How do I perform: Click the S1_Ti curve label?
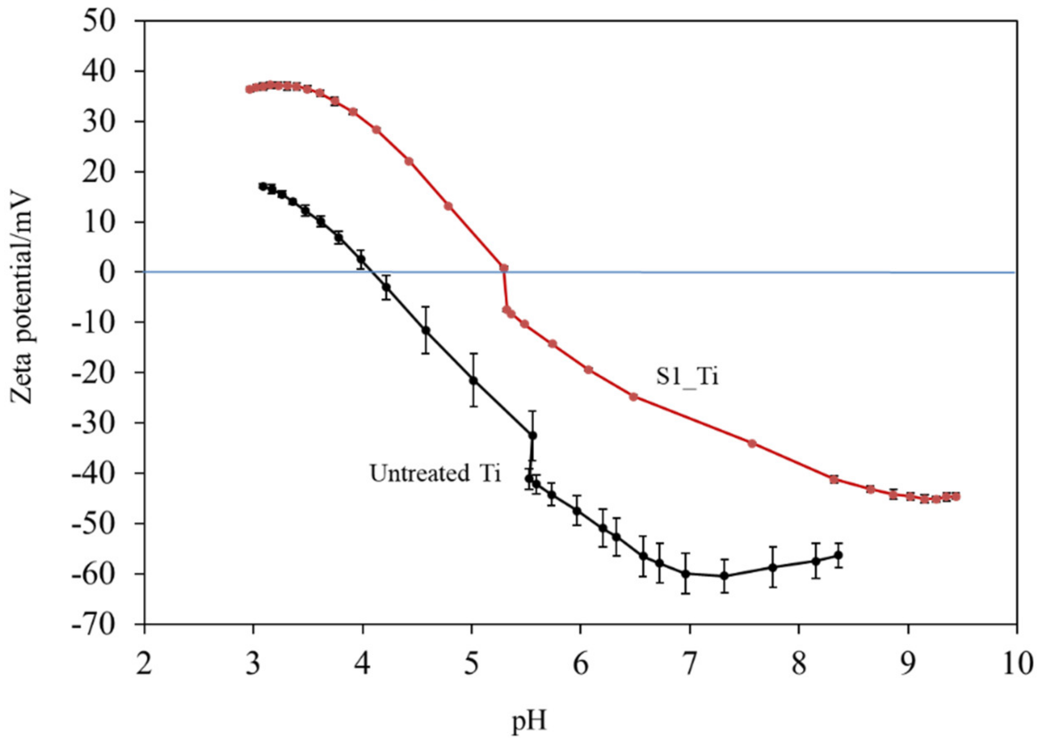[x=687, y=378]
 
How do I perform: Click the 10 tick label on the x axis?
[x=1016, y=664]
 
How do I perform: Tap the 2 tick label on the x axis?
[x=144, y=664]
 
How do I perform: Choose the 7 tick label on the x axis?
[x=689, y=664]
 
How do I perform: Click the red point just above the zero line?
[x=504, y=268]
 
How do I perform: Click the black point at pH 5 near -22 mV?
[x=474, y=380]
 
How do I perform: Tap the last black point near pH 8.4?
[x=839, y=555]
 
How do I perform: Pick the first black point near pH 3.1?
[x=262, y=186]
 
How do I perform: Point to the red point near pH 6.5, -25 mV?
[x=633, y=397]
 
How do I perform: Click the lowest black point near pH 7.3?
[x=724, y=576]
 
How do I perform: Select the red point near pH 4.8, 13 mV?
[x=448, y=206]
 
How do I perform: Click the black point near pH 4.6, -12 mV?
[x=426, y=330]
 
